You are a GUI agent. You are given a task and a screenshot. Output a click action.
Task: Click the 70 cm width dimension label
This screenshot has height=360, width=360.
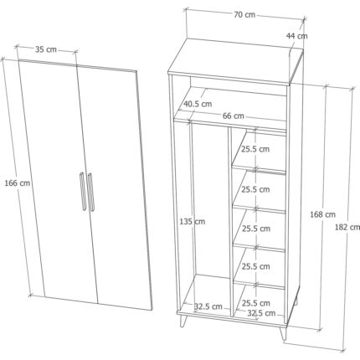coord(244,15)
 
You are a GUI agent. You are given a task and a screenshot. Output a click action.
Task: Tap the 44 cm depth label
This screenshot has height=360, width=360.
coord(296,36)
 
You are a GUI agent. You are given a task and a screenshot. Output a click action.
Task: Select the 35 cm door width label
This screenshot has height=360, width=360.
coord(46,49)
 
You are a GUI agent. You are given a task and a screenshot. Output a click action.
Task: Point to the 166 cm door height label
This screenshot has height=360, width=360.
coord(18,183)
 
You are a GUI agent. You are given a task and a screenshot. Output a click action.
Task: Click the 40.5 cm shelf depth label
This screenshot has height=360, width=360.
coord(198,104)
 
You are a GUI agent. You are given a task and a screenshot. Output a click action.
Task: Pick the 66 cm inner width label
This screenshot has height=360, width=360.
coord(234,116)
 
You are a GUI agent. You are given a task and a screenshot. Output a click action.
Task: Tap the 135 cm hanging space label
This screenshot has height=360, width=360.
coord(193,222)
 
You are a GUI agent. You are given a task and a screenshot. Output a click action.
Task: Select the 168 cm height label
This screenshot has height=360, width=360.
coord(322,214)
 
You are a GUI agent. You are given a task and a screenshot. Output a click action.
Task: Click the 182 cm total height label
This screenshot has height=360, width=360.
coord(347,228)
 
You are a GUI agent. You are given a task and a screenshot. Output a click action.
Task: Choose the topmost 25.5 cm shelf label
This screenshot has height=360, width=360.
coord(255,149)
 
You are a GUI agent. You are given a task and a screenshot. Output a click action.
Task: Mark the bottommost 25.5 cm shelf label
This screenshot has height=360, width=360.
coord(256,303)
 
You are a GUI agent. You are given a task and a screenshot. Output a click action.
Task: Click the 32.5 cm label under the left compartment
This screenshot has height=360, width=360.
coord(208,306)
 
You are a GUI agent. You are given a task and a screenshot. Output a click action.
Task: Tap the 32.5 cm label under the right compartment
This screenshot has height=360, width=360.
coord(261,313)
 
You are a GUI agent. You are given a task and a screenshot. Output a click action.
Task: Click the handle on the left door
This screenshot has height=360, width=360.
coord(83,191)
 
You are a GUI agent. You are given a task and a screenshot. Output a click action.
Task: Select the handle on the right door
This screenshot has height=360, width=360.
coord(90,192)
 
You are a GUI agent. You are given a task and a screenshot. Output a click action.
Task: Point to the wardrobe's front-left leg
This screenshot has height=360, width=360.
coord(183,321)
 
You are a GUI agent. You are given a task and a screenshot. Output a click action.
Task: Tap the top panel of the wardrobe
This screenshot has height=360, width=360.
coord(235,60)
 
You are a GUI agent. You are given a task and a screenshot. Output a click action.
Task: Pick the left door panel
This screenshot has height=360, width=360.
coord(59,182)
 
